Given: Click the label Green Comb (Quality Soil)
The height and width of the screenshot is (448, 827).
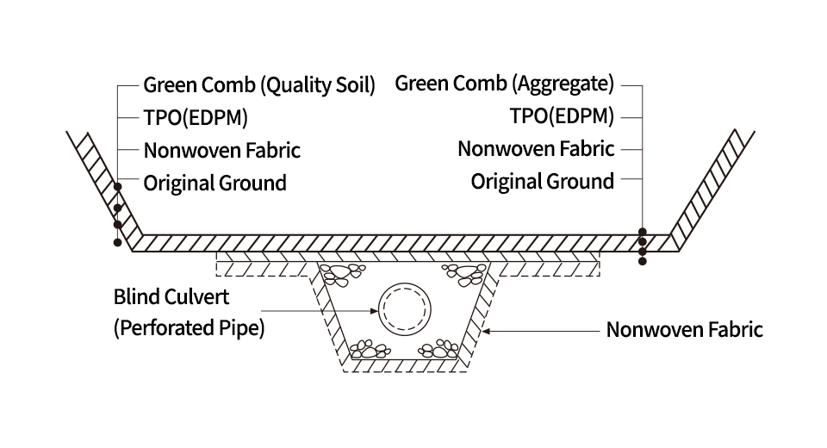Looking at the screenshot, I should point(259,85).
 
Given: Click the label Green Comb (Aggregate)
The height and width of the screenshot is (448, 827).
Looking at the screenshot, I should point(504,84).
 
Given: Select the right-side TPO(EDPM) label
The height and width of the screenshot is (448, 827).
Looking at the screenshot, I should point(562,116).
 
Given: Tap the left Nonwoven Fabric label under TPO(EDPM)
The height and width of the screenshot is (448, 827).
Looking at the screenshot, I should point(222,150).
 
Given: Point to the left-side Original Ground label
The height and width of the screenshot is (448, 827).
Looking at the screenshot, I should point(215,183).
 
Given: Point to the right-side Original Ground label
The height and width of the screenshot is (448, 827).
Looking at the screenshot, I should point(543,181).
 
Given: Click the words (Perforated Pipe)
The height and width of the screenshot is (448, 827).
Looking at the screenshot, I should point(189,328).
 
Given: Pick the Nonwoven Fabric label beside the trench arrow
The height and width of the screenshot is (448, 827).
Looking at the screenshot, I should point(684,330).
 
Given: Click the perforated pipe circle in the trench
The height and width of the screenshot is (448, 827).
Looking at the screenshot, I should point(404,306).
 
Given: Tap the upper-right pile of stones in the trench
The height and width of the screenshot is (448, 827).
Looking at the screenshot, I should point(463,275).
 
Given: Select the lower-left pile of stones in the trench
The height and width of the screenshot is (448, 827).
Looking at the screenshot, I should point(370,350).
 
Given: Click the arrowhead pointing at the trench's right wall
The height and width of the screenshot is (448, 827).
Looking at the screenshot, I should point(486,330).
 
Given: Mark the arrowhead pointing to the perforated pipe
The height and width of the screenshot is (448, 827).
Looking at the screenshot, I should point(374,308).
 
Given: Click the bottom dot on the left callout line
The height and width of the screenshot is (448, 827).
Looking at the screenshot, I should point(117,243).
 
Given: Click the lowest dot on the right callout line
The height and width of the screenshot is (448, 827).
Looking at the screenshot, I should point(642,261).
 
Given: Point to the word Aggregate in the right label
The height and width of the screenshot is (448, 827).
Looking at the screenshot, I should point(564,84).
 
